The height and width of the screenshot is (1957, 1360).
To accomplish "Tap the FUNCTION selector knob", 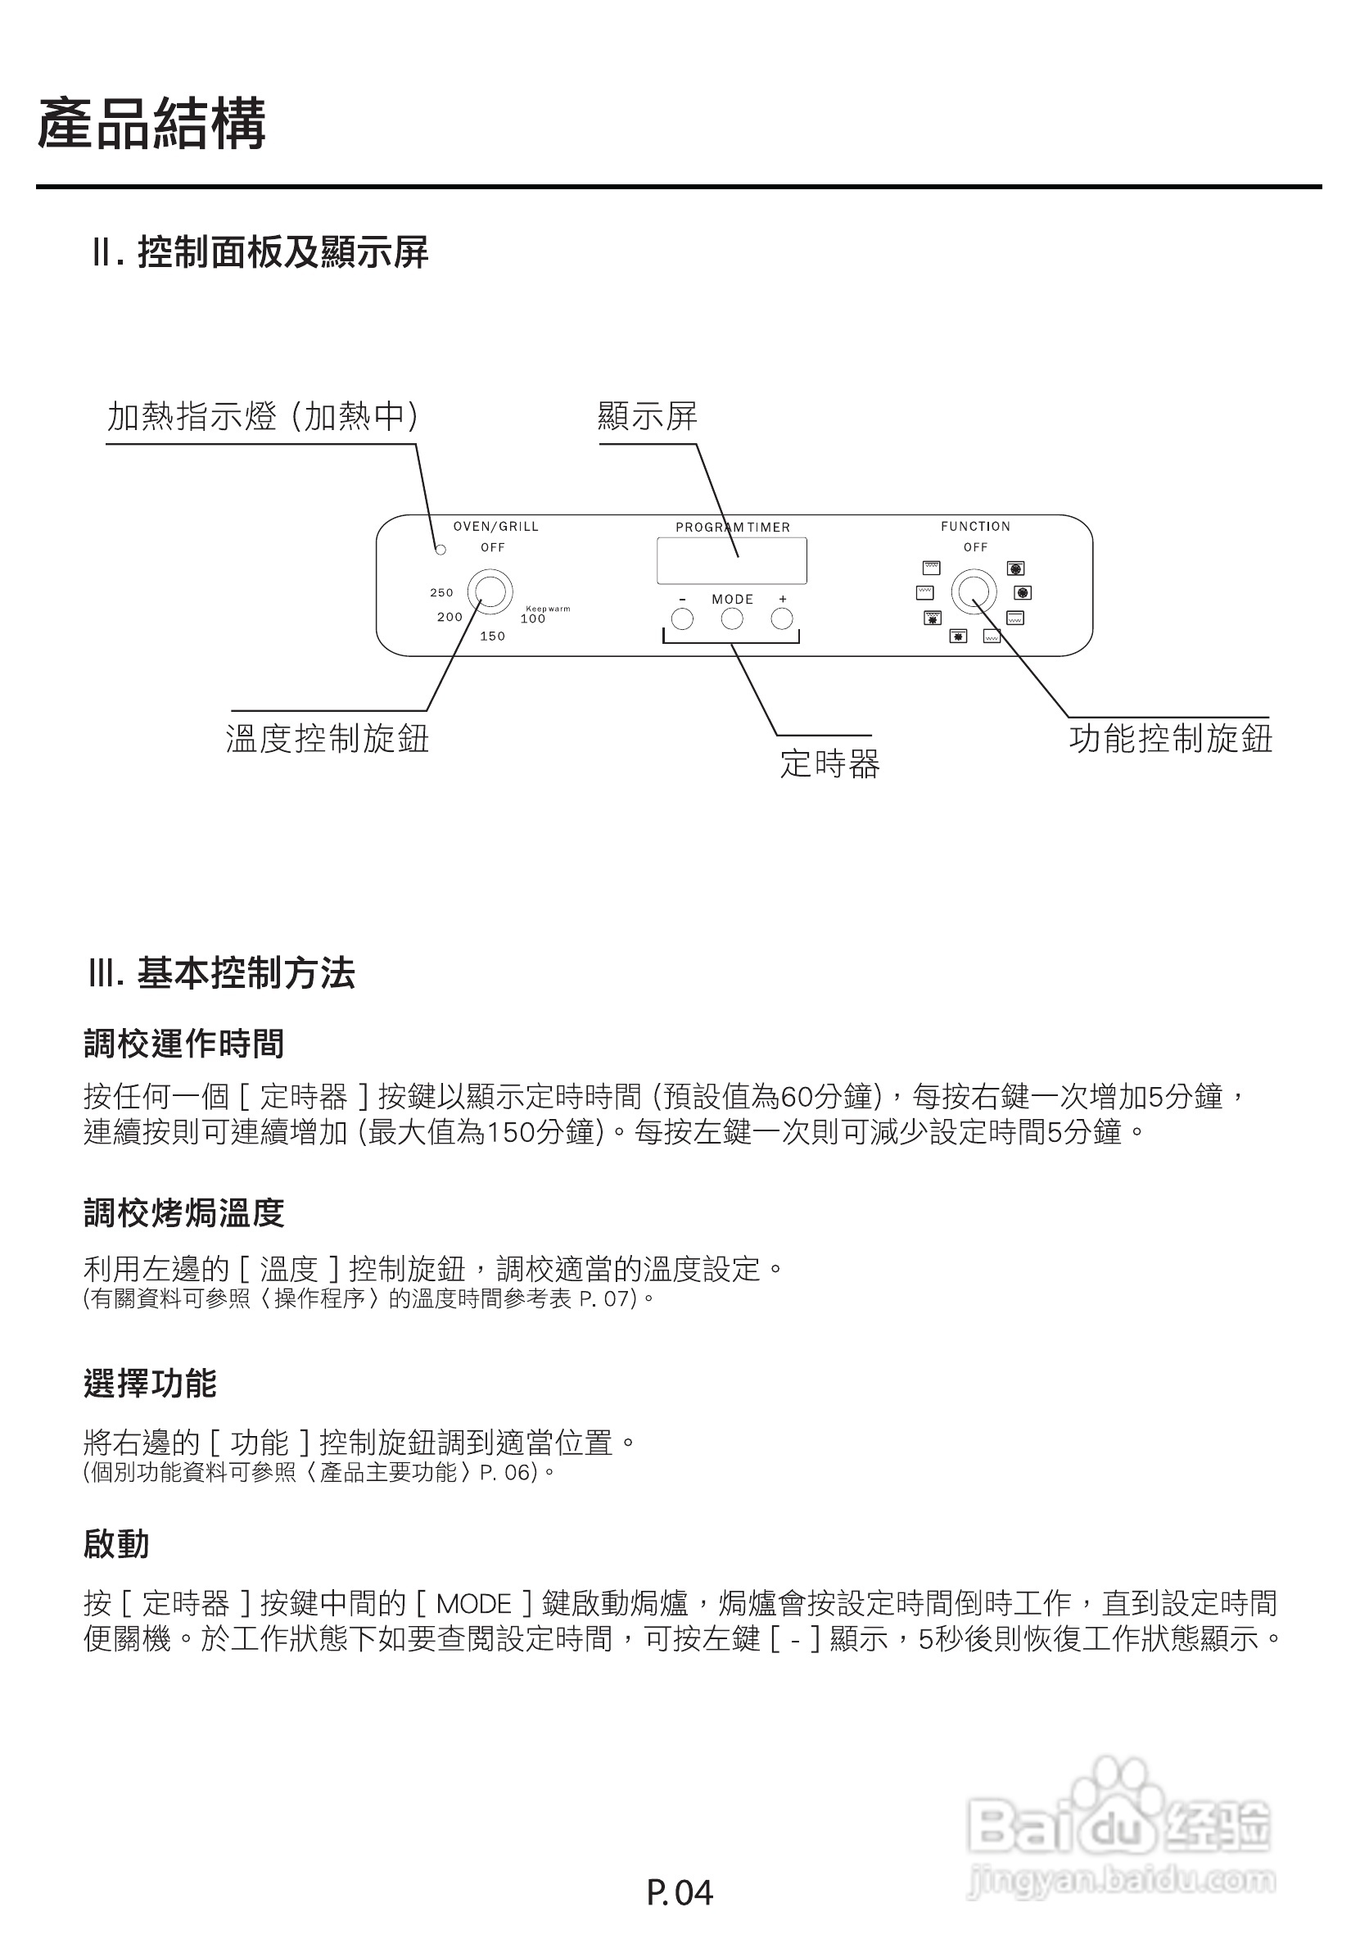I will point(974,591).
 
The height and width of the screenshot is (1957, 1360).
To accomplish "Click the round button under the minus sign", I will point(682,618).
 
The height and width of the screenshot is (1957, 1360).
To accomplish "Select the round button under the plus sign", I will point(781,618).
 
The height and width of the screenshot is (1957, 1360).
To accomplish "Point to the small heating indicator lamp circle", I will point(441,550).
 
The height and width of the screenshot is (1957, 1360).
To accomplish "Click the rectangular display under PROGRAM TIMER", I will point(731,560).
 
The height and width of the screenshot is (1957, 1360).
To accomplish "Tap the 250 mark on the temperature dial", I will point(441,592).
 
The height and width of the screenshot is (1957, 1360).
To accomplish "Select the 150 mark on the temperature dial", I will point(493,636).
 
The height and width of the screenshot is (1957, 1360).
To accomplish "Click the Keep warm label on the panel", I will point(548,609).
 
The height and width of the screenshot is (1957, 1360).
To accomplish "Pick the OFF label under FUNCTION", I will point(976,547).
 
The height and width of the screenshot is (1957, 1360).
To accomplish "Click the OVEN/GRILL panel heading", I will point(496,527).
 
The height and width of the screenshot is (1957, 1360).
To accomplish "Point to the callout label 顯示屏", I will point(648,417).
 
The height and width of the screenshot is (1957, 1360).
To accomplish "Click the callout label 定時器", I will point(830,763).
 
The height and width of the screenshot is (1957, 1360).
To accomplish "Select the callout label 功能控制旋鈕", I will point(1171,739).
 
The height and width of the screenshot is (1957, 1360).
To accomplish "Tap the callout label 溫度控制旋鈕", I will point(328,739).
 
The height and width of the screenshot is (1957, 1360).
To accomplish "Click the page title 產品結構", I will point(151,125).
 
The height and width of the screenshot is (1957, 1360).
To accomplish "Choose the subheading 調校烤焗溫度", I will point(184,1213).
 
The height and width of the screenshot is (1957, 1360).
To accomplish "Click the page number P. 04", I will point(679,1893).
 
